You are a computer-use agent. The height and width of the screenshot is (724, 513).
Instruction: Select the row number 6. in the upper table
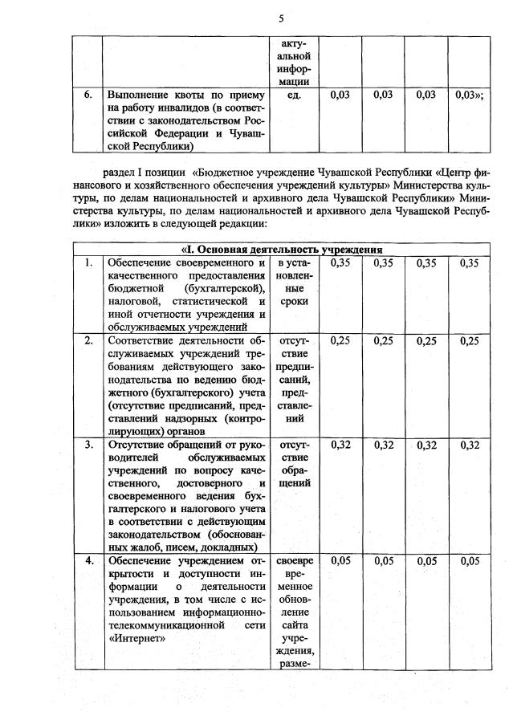(88, 95)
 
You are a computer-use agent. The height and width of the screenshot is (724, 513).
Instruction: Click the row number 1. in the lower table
(88, 262)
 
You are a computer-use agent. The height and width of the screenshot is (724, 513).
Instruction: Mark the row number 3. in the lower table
(88, 444)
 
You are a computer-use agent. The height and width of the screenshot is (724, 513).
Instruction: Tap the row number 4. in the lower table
(88, 560)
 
